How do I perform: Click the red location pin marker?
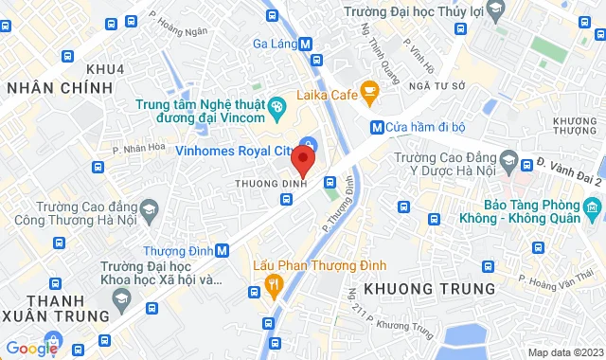tap(302, 157)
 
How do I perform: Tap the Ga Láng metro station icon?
tap(305, 44)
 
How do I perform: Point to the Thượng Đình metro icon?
tap(222, 251)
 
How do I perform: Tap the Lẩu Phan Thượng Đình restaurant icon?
tap(275, 282)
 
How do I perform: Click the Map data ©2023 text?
tap(564, 352)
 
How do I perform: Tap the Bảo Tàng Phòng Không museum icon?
tap(592, 207)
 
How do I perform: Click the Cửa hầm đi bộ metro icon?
tap(376, 127)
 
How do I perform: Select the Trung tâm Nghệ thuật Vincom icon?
tap(276, 107)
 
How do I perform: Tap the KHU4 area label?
tap(104, 68)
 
